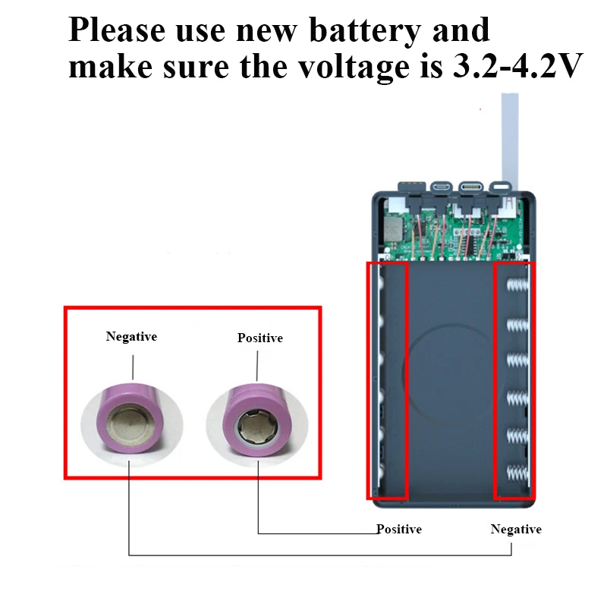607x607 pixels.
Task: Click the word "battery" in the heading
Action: point(365,31)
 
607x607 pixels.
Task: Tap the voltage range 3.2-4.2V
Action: point(517,66)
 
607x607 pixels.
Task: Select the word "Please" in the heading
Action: point(117,30)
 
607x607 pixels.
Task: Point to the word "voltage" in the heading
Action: point(354,68)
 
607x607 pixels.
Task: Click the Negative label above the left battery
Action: point(131,336)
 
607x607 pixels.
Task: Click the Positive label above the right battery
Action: point(260,338)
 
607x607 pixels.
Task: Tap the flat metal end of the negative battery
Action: point(131,424)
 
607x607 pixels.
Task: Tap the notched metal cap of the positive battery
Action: point(257,428)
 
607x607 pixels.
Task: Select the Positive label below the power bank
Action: point(399,529)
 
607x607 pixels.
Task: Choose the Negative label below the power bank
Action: point(516,529)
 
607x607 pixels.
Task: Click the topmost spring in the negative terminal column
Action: point(517,285)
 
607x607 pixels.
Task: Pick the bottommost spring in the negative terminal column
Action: point(517,472)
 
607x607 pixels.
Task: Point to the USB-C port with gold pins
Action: point(470,187)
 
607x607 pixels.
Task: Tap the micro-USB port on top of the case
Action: point(441,187)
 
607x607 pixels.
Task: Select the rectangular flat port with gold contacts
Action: point(412,186)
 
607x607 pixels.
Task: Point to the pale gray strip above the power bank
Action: point(510,137)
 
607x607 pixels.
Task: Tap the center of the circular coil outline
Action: point(450,374)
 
